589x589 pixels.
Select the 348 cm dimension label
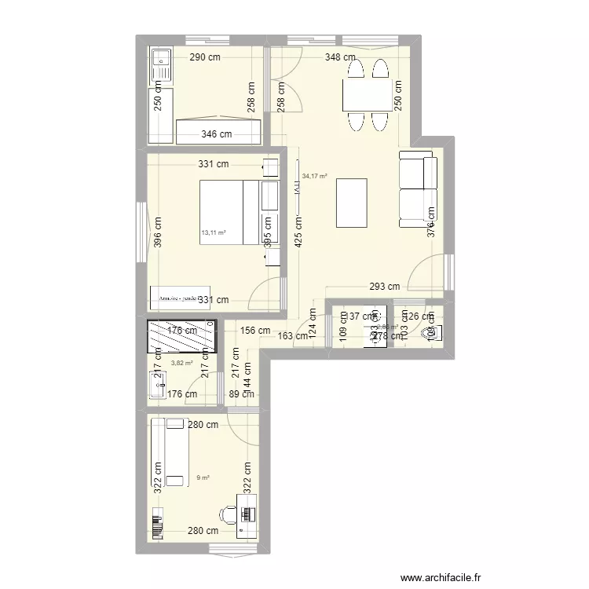342,57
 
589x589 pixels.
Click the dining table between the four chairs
366,96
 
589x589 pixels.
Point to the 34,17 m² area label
314,177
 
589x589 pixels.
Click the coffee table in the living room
352,203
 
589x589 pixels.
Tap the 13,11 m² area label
214,232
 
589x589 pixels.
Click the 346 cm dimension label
217,134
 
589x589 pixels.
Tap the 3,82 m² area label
182,363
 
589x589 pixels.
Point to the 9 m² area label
203,477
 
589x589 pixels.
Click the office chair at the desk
229,514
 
